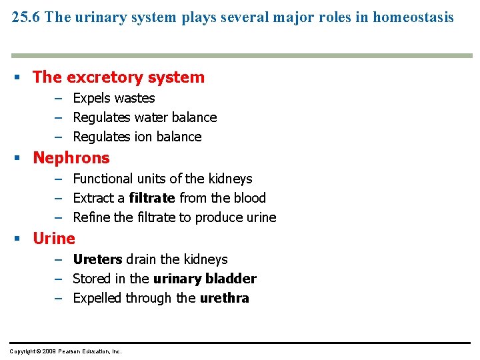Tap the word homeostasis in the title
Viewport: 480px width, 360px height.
(x=413, y=17)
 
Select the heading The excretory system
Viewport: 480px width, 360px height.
(x=119, y=77)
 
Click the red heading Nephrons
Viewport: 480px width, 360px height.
(x=71, y=158)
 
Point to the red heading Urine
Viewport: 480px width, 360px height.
(x=54, y=239)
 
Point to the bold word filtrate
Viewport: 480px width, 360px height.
(x=152, y=199)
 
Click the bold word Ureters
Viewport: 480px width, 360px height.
(x=97, y=260)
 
